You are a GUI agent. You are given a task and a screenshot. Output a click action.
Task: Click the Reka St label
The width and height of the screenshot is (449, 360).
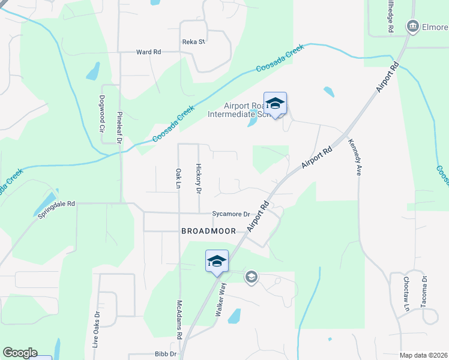coord(194,42)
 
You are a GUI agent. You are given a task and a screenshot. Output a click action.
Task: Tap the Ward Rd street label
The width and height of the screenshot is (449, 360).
coord(148,52)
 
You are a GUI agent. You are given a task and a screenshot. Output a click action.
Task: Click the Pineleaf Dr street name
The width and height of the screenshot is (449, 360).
coord(119,127)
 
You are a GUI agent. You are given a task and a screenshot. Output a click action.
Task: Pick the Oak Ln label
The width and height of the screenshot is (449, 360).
coord(178,179)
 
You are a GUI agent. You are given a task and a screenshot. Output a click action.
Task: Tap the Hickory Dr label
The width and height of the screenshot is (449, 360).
coord(198,179)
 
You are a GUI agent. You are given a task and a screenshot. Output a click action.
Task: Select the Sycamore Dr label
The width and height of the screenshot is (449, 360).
coord(231,214)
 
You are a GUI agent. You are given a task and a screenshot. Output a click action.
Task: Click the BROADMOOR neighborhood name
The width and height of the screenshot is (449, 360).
coord(209,231)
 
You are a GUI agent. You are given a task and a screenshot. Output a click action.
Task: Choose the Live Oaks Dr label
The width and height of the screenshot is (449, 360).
coord(95,330)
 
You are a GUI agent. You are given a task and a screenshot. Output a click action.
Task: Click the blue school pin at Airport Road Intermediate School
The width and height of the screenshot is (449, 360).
coord(275,104)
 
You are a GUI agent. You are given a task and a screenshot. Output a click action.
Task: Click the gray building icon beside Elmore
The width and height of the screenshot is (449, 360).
coord(412,26)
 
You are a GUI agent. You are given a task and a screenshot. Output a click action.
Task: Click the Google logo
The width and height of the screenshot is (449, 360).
coord(20,353)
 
